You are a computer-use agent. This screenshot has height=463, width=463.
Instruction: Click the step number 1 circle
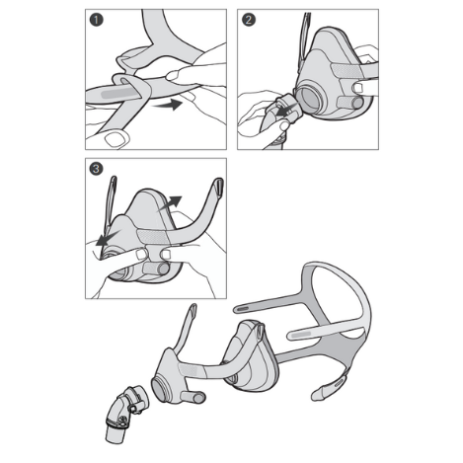pos(96,20)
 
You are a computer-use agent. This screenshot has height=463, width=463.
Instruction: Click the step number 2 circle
pos(248,20)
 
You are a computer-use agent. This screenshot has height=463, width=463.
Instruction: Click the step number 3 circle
pos(96,169)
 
